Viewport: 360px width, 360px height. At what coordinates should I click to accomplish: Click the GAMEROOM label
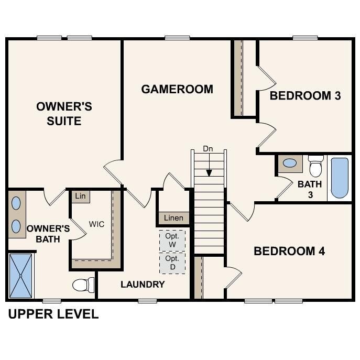click(177, 89)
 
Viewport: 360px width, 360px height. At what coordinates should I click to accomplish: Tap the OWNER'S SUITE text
click(64, 114)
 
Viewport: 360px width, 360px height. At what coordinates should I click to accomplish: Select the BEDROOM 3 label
click(305, 96)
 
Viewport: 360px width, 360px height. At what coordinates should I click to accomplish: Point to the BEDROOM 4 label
click(289, 252)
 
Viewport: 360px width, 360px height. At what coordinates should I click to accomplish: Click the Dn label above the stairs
click(208, 149)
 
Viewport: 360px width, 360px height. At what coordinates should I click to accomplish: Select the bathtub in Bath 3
click(340, 178)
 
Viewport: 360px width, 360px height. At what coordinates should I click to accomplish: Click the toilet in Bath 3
click(315, 166)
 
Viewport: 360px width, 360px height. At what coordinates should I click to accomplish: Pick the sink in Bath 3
click(289, 163)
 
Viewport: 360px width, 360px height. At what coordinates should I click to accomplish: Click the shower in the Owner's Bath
click(21, 275)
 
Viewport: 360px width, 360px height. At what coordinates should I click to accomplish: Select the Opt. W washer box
click(172, 241)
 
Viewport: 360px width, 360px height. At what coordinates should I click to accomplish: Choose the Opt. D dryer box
click(172, 263)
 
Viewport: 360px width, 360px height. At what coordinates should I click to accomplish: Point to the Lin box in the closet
click(80, 196)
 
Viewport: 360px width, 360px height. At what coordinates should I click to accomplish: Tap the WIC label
click(96, 224)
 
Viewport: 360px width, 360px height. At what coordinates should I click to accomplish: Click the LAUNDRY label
click(143, 285)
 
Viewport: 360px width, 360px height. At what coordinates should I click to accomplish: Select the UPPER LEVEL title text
click(53, 314)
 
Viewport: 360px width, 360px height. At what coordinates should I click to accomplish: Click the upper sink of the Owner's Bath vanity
click(16, 202)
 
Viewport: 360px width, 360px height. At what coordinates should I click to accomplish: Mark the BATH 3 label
click(309, 189)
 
